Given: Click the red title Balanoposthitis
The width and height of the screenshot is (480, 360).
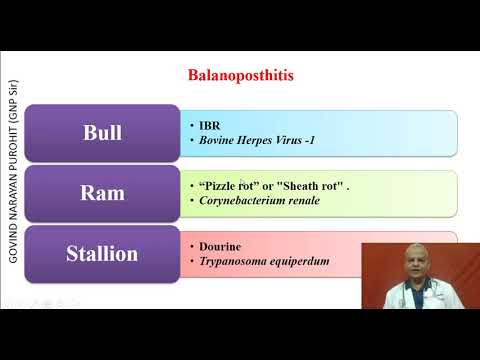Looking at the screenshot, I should coord(239,75).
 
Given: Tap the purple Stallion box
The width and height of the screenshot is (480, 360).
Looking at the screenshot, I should coord(102,253).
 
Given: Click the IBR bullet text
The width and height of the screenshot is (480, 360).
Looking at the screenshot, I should coord(209,126).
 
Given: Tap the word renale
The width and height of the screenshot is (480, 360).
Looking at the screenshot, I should coord(310,201).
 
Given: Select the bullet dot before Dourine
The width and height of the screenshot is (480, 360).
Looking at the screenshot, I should coord(191,245).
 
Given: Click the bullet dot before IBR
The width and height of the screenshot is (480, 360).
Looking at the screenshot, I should coord(191,126).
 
